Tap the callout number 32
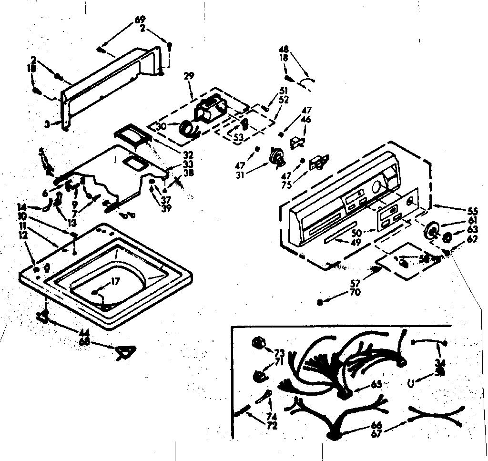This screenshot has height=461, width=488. [175, 154]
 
